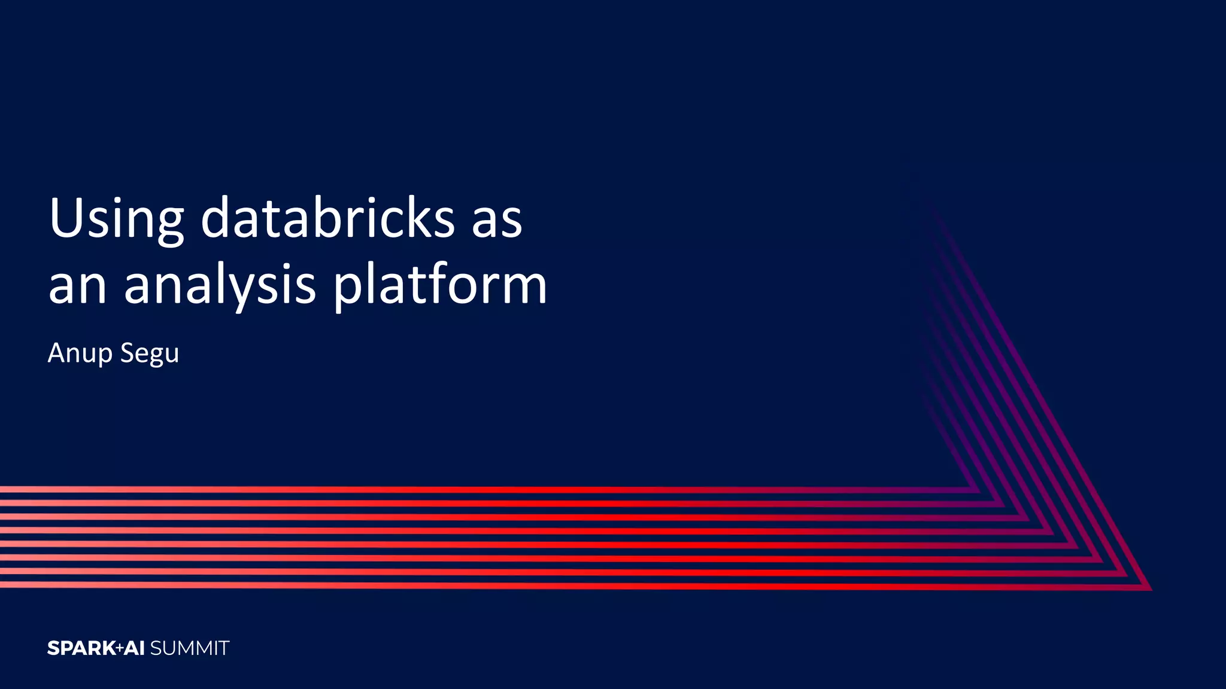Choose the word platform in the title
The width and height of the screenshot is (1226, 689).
tap(440, 286)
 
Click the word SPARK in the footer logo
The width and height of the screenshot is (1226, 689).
tap(81, 648)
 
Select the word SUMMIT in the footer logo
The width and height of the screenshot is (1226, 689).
tap(190, 648)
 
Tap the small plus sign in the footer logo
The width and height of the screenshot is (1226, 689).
tap(120, 648)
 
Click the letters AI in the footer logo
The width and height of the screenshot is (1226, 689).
tap(135, 648)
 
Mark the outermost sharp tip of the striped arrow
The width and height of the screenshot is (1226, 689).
tap(1150, 589)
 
